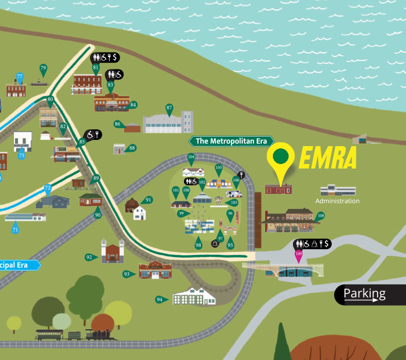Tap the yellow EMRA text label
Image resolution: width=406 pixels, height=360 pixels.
[x=328, y=159]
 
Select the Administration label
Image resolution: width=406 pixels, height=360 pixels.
[x=337, y=201]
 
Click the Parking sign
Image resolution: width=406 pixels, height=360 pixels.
[x=370, y=294]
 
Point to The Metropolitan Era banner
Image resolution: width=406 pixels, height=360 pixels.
[x=232, y=141]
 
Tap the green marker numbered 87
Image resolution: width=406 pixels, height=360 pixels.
[x=169, y=108]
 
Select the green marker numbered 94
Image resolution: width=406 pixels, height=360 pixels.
[x=160, y=300]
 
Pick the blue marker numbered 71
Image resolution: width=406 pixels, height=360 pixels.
[x=15, y=229]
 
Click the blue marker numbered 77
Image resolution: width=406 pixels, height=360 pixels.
[x=20, y=77]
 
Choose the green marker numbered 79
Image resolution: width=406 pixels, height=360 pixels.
[x=43, y=69]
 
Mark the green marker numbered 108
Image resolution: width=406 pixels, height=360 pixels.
[x=320, y=216]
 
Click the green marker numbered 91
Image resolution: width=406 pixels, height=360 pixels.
[x=148, y=200]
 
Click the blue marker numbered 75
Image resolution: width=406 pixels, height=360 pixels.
[x=22, y=155]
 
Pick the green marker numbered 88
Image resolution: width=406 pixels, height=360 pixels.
[x=131, y=148]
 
